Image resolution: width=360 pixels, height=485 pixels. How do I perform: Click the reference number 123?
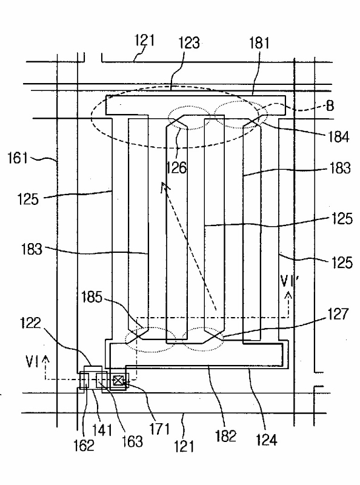click(x=189, y=42)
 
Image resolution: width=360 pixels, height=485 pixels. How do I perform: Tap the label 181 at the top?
click(x=259, y=42)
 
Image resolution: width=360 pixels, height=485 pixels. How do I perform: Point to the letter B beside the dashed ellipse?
click(x=330, y=105)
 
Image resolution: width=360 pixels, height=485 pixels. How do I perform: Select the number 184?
click(x=339, y=136)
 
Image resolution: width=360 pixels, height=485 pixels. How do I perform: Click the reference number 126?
click(x=176, y=167)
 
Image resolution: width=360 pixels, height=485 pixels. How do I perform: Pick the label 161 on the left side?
click(x=18, y=158)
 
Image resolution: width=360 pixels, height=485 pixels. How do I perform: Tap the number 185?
click(x=92, y=297)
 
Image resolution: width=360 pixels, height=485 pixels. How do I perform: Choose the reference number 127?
click(x=338, y=313)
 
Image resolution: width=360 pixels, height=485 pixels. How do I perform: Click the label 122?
click(x=30, y=323)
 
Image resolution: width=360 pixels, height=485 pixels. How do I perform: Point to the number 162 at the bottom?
click(x=84, y=446)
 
